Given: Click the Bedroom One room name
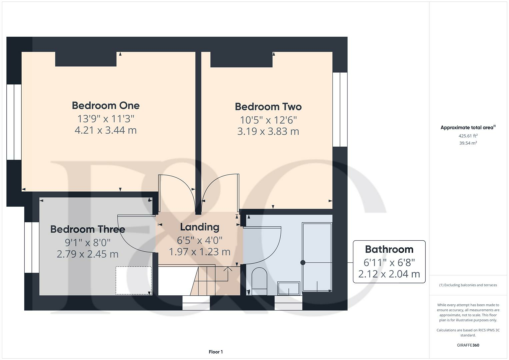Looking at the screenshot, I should [x=106, y=105].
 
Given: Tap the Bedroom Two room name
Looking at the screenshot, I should [x=268, y=107].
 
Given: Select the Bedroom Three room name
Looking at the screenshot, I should [x=88, y=229].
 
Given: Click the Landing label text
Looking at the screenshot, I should [x=199, y=227].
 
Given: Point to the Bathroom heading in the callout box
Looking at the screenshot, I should [x=389, y=249].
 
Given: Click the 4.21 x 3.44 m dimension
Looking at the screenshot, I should [x=106, y=130].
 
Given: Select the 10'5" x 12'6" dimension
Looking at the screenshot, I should [x=268, y=120].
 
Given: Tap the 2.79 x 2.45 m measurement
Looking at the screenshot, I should [x=88, y=254].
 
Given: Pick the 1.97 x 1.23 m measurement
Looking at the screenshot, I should [x=199, y=252].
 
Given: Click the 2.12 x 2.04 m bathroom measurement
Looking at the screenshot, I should [x=389, y=274].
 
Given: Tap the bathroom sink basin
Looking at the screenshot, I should [x=289, y=288].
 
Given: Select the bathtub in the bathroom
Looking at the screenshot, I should [x=317, y=257].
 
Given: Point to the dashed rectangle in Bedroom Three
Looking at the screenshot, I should [x=133, y=280].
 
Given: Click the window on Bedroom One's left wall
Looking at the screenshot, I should [x=14, y=122].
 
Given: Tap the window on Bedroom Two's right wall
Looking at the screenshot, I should [x=340, y=109].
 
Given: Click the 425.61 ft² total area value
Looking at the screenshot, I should [x=468, y=136].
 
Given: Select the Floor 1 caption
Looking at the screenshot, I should [x=216, y=352].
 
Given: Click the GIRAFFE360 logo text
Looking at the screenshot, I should [x=468, y=345].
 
